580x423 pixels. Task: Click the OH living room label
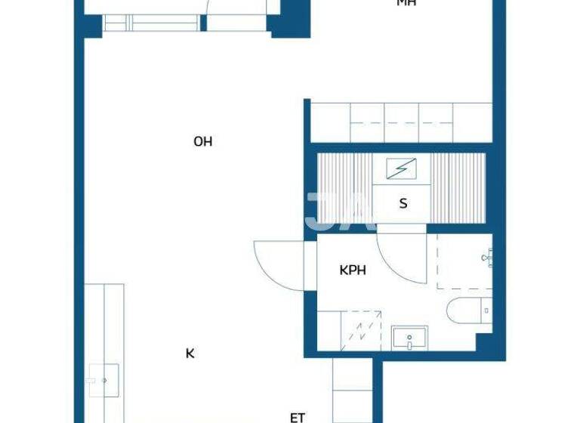click(202, 141)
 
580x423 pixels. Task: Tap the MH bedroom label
click(406, 3)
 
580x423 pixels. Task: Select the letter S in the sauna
click(403, 203)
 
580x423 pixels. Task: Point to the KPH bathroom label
click(353, 270)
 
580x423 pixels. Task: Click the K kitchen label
click(190, 353)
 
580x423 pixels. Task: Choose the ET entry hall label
click(298, 417)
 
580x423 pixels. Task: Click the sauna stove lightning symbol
click(396, 168)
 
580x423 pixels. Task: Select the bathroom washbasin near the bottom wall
click(409, 338)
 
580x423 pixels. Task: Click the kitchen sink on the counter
click(103, 375)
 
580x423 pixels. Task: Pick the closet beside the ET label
click(353, 389)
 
